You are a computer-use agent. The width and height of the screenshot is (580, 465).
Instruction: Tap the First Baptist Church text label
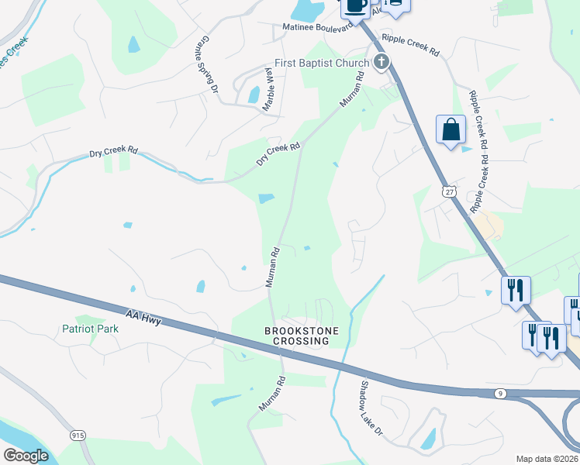pos(322,63)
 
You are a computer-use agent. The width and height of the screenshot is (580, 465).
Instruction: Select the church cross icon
pos(380,63)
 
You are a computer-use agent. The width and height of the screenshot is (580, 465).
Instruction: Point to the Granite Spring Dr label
pos(208,64)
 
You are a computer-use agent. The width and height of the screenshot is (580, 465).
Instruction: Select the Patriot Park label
pos(91,329)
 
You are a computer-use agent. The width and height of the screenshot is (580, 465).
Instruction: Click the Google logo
pos(26,456)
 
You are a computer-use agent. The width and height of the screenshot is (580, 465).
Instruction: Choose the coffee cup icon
pos(355,6)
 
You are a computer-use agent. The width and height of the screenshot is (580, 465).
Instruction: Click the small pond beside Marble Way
pos(254,95)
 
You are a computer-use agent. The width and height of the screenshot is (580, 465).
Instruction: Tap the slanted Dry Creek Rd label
pos(278,154)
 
